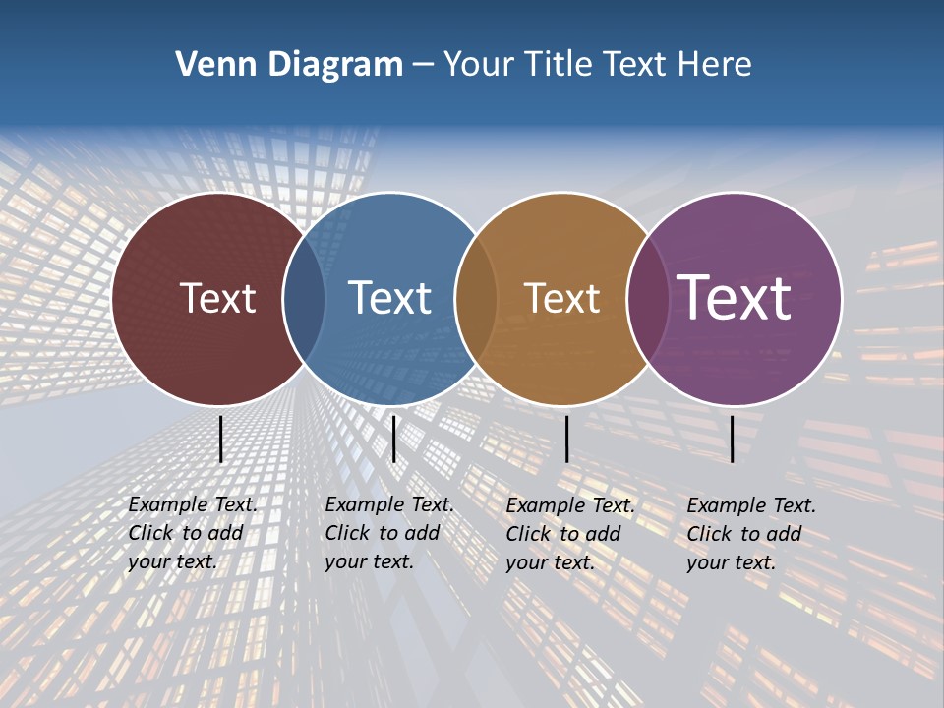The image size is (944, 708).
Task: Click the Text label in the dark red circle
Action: [x=217, y=298]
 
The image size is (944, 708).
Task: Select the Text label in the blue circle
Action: [x=390, y=298]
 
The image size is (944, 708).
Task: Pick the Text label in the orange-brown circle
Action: [x=561, y=298]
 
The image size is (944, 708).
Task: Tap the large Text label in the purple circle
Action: [x=735, y=298]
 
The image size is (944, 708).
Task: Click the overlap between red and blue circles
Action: [x=305, y=299]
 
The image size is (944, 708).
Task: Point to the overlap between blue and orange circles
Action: [x=476, y=299]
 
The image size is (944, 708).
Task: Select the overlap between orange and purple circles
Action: [x=647, y=299]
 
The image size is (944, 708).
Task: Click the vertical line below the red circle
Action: [x=220, y=439]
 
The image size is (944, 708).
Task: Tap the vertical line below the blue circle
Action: [x=393, y=439]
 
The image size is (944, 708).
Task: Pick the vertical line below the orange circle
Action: [x=566, y=439]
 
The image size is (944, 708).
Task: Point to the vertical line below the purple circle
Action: [x=733, y=439]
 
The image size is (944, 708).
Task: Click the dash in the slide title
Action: [x=423, y=65]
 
